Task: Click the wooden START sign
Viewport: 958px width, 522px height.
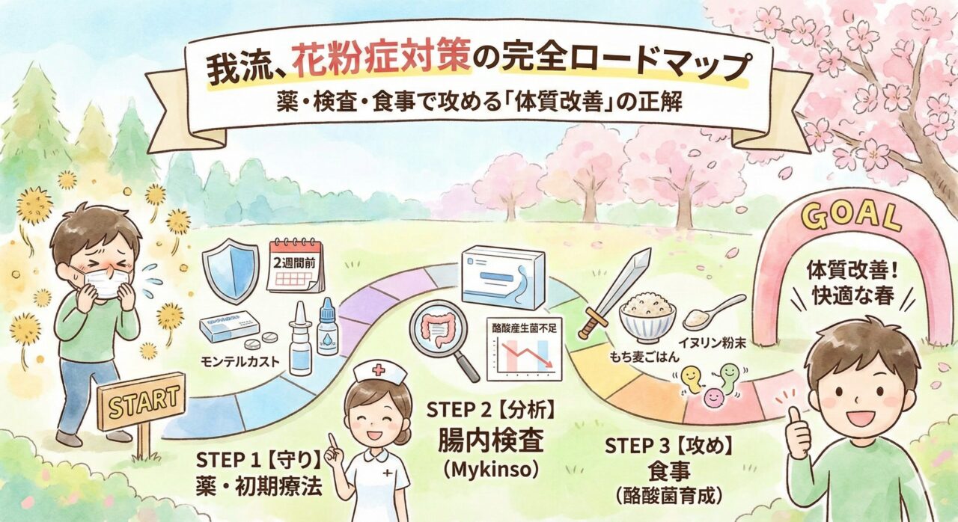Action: pos(142,401)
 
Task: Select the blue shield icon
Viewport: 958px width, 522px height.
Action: pos(231,271)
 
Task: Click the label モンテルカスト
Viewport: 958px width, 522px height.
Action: pos(240,362)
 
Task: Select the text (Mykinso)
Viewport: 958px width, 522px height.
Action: pos(490,470)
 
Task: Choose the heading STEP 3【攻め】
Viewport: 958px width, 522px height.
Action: pos(669,446)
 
